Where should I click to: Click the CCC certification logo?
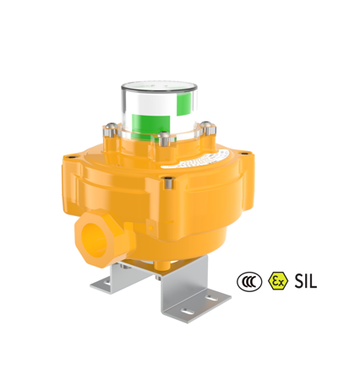249,281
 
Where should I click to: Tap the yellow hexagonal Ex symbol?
278,281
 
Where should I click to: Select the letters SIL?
306,281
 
